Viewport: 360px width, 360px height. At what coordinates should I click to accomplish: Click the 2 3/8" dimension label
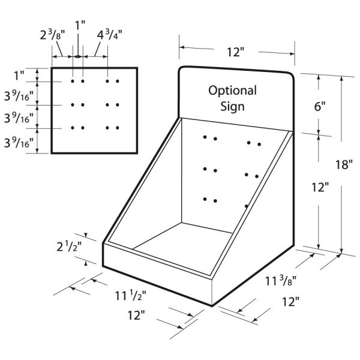pyautogui.click(x=52, y=35)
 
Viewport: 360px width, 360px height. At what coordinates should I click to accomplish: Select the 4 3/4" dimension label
pyautogui.click(x=109, y=35)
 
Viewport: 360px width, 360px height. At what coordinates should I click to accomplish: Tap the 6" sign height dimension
pyautogui.click(x=320, y=106)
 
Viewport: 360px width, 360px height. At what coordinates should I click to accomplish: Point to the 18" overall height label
pyautogui.click(x=344, y=164)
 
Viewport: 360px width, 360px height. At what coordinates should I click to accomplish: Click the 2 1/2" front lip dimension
pyautogui.click(x=69, y=247)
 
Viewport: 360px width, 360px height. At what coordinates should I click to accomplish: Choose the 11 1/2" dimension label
pyautogui.click(x=130, y=296)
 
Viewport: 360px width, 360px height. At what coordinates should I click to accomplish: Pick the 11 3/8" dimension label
pyautogui.click(x=281, y=281)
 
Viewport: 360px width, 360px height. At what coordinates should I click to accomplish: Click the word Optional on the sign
pyautogui.click(x=232, y=91)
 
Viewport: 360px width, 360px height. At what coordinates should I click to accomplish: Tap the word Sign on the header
pyautogui.click(x=232, y=107)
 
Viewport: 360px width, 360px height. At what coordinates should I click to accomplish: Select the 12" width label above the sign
pyautogui.click(x=236, y=52)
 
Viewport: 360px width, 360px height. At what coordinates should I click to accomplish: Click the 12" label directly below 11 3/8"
pyautogui.click(x=290, y=302)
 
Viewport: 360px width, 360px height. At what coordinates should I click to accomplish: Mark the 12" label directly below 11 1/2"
pyautogui.click(x=136, y=315)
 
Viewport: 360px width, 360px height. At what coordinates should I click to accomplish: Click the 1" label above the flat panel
pyautogui.click(x=80, y=25)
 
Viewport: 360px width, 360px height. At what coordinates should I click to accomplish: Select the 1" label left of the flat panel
pyautogui.click(x=19, y=76)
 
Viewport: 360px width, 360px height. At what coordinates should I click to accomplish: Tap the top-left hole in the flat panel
pyautogui.click(x=73, y=81)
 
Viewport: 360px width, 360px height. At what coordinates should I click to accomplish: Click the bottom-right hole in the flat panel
pyautogui.click(x=118, y=128)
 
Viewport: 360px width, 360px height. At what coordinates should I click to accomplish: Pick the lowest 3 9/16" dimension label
pyautogui.click(x=19, y=143)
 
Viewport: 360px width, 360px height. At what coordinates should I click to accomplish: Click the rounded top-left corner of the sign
pyautogui.click(x=181, y=69)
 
